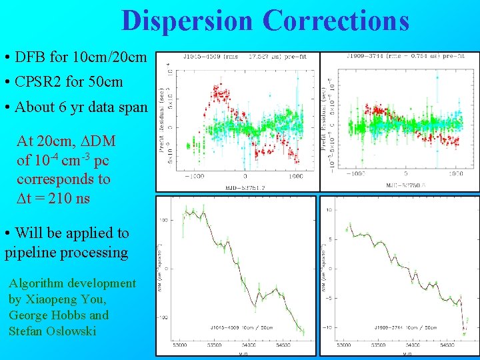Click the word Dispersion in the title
188,21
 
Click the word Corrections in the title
335,21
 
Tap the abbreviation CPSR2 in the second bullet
38,83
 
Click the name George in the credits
31,315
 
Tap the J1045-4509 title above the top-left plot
196,57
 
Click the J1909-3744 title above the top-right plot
365,57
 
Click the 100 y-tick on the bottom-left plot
162,219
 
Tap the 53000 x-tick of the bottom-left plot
179,345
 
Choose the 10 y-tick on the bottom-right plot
329,210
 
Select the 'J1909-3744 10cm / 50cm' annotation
406,328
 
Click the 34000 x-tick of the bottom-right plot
403,345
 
